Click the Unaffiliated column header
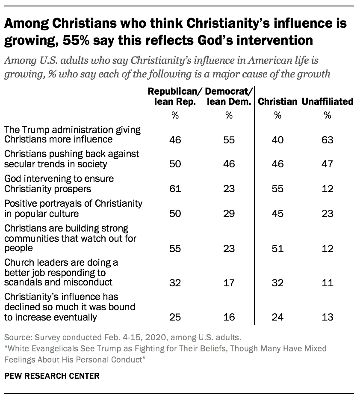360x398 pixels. click(x=328, y=101)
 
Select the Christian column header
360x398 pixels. click(x=277, y=101)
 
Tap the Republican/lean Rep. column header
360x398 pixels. click(x=174, y=96)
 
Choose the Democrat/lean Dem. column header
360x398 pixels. click(x=229, y=96)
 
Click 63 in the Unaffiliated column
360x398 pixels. click(x=328, y=140)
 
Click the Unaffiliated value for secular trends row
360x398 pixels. click(x=328, y=165)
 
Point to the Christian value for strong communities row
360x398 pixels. click(x=277, y=249)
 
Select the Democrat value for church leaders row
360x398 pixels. click(x=229, y=282)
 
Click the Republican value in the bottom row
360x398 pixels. click(x=174, y=317)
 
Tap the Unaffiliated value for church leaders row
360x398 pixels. click(x=328, y=282)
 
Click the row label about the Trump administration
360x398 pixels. click(x=72, y=134)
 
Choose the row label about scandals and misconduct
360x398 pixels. click(x=62, y=272)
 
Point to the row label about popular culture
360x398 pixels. click(x=73, y=208)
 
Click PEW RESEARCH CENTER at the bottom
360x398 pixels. click(x=52, y=376)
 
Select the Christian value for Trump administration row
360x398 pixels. click(x=277, y=140)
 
